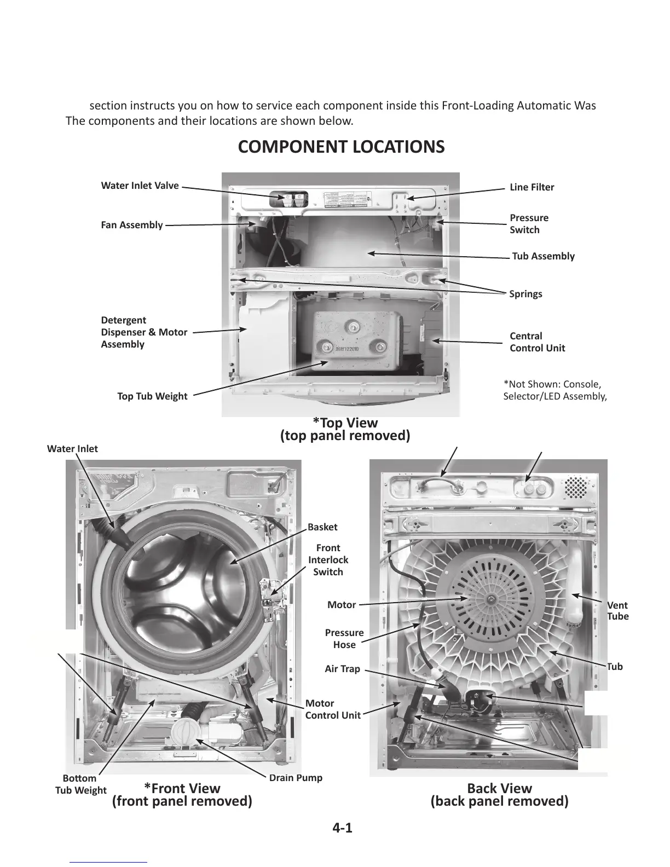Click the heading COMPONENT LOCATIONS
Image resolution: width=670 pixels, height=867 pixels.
coord(341,147)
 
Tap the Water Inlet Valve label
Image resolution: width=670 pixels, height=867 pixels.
coord(140,186)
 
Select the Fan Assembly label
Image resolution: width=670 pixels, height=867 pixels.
coord(132,225)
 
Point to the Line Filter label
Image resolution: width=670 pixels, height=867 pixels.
coord(532,187)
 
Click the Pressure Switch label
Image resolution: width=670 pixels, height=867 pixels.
coord(528,224)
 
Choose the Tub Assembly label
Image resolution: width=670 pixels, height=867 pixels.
coord(543,256)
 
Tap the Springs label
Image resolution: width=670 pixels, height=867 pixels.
coord(525,294)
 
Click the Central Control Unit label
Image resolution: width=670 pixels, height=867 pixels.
coord(537,342)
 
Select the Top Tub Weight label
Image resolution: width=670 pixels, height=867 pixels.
coord(152,396)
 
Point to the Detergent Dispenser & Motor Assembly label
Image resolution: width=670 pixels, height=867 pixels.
coord(144,332)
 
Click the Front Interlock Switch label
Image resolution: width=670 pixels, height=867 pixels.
coord(328,560)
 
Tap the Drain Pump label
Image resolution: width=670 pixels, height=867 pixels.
coord(296,778)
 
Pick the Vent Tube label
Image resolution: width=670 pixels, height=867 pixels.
coord(617,611)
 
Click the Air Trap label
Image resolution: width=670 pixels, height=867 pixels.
coord(342,668)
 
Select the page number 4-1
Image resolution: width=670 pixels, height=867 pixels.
coord(342,828)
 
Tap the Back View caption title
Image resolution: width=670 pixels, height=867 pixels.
coord(499,788)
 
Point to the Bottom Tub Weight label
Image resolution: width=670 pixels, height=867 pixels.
coord(81,784)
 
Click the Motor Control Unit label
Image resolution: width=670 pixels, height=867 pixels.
coord(332,709)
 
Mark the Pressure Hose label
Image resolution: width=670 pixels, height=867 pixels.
coord(344,639)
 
